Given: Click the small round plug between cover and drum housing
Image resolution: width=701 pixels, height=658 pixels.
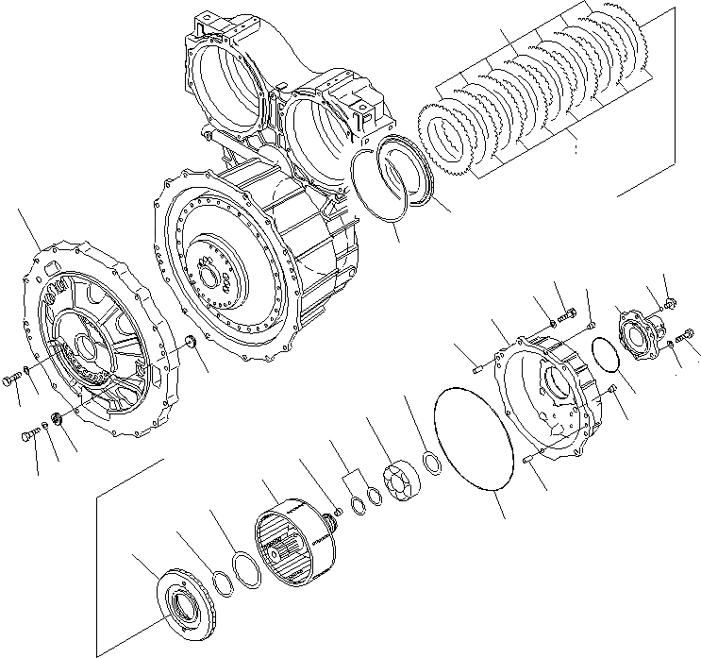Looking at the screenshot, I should tap(187, 342).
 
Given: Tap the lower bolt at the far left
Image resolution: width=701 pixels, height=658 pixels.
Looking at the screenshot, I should tap(28, 435).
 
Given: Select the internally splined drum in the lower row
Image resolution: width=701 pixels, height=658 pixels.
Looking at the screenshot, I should tap(294, 535).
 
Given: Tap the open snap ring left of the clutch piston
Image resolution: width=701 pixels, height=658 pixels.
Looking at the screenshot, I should tap(374, 189).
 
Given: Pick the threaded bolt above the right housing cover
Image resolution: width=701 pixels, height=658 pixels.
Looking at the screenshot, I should tap(565, 314).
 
